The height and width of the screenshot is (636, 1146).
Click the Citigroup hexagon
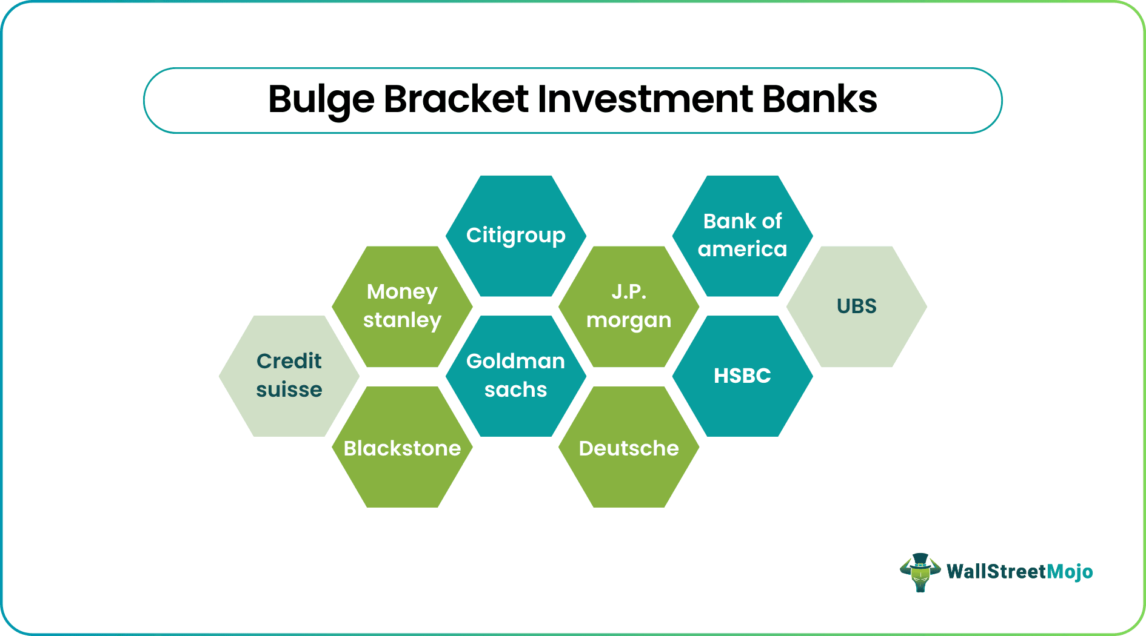(x=515, y=236)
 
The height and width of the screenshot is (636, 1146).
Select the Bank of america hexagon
(x=742, y=236)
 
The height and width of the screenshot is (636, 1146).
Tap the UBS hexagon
(x=856, y=306)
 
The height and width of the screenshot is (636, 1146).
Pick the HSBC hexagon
(x=742, y=376)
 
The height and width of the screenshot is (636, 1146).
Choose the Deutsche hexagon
(x=629, y=448)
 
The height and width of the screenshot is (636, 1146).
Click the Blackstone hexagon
(x=402, y=448)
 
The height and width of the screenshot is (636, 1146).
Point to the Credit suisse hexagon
(x=289, y=376)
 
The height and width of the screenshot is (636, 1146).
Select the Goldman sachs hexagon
(x=515, y=376)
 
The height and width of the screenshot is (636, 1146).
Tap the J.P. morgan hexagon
(x=629, y=306)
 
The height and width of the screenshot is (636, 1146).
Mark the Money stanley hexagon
(x=402, y=306)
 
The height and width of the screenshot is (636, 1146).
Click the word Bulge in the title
(x=321, y=100)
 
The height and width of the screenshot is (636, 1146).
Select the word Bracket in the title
(x=456, y=100)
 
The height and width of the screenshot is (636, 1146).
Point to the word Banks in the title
(x=819, y=100)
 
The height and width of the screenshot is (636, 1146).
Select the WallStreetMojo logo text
(x=1019, y=572)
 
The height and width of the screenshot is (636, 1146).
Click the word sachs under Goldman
(x=515, y=390)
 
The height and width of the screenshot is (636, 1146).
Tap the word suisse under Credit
(x=289, y=390)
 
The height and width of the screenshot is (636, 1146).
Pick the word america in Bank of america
(x=742, y=250)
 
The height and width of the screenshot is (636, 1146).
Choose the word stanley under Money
(x=402, y=320)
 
